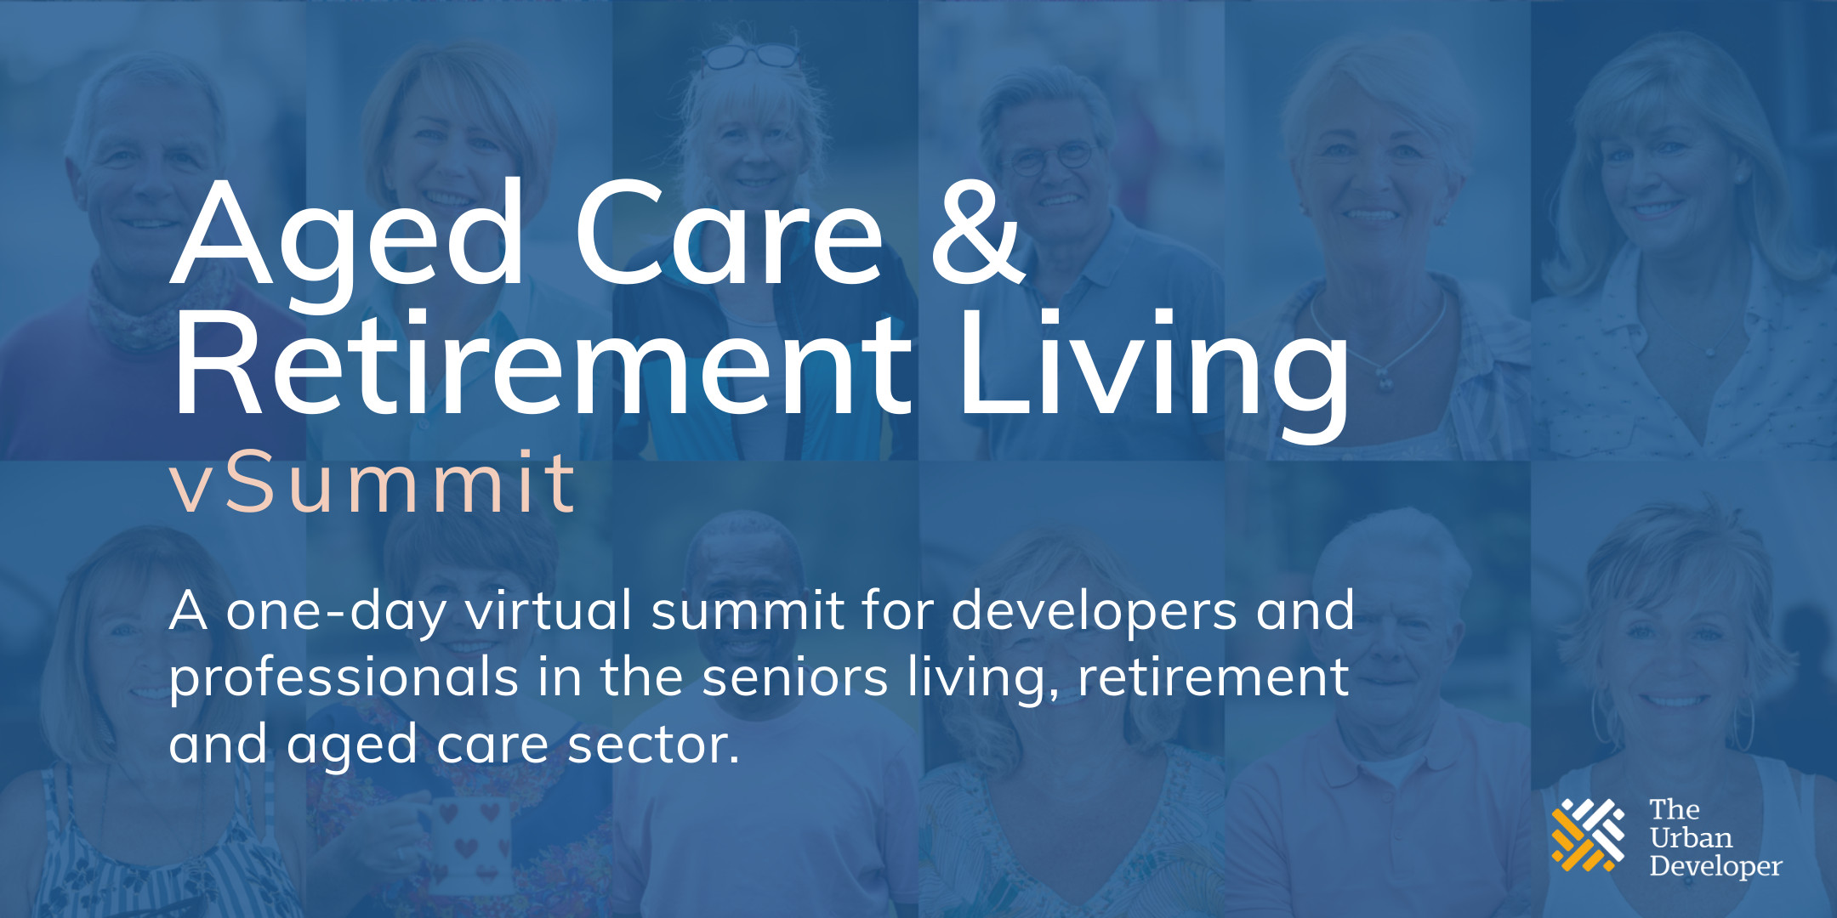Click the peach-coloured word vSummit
click(x=373, y=484)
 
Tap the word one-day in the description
click(x=336, y=612)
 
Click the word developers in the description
click(x=1094, y=612)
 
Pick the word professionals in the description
click(x=344, y=678)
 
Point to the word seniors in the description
click(x=795, y=677)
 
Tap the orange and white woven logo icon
click(x=1587, y=835)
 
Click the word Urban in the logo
click(x=1690, y=837)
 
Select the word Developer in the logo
click(x=1715, y=866)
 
